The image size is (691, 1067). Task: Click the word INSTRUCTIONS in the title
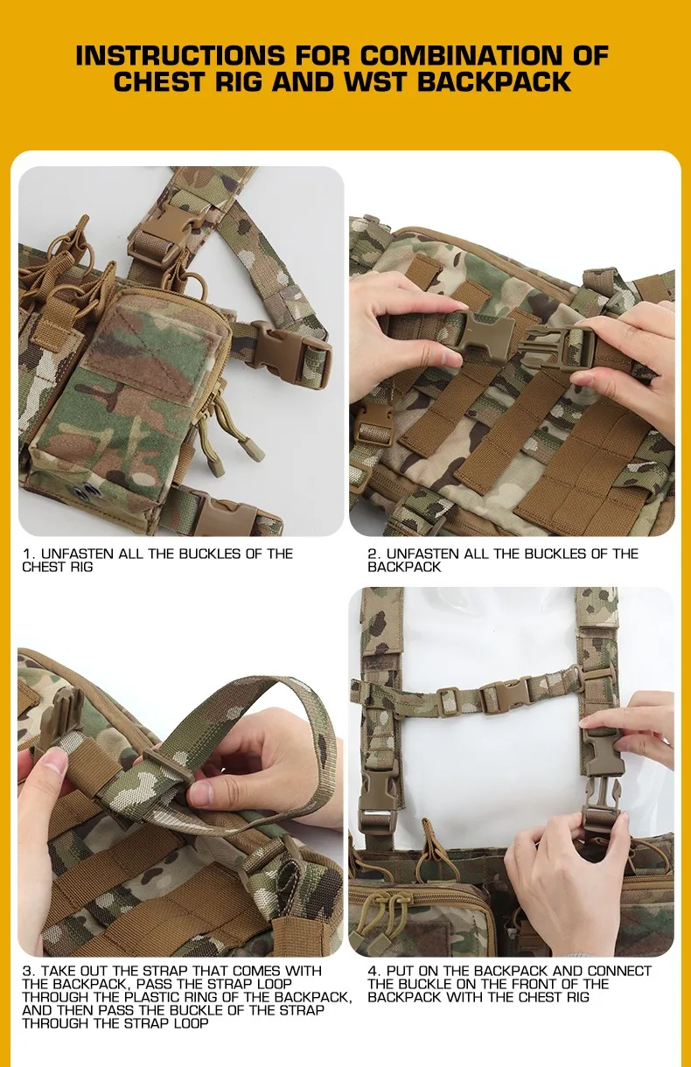pos(179,56)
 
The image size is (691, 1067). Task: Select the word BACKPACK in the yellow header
pos(494,81)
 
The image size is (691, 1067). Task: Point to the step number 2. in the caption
pos(374,554)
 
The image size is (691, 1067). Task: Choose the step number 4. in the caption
pos(374,971)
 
